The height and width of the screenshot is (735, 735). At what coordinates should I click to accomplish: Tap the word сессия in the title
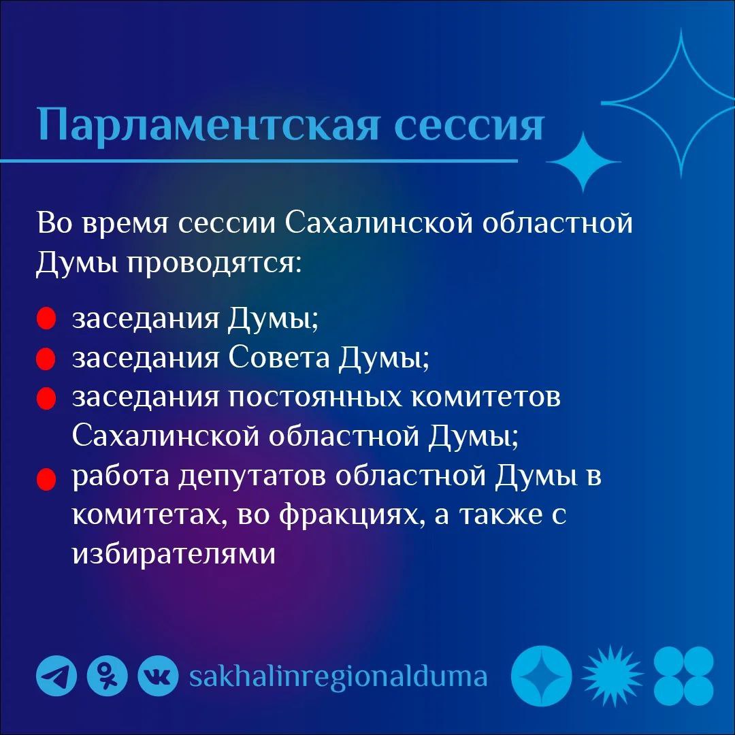click(x=469, y=124)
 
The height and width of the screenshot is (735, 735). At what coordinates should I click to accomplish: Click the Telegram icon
click(x=56, y=676)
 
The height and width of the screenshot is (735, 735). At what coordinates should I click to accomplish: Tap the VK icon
click(x=158, y=676)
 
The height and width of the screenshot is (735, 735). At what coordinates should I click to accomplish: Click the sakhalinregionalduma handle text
click(x=338, y=676)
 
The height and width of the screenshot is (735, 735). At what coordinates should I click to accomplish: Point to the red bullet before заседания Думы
click(x=46, y=319)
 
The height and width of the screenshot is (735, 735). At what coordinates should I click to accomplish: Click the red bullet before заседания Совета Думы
click(x=46, y=359)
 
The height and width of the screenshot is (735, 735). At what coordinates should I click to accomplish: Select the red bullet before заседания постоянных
click(x=46, y=399)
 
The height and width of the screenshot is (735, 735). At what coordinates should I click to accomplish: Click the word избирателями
click(x=174, y=555)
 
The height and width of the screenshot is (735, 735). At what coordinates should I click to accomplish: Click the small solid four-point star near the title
click(x=582, y=163)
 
